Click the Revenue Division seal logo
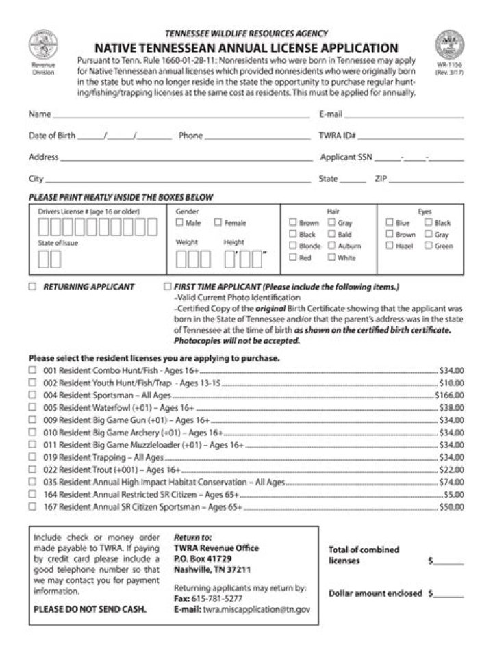[x=42, y=45]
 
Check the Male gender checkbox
[x=179, y=223]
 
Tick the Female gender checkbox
[x=218, y=223]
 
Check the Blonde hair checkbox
[x=292, y=246]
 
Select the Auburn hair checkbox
[x=331, y=246]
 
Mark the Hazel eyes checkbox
[x=389, y=246]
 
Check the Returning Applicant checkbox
[x=32, y=287]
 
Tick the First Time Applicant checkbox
[x=168, y=287]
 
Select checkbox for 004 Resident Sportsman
[x=32, y=395]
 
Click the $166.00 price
[x=449, y=396]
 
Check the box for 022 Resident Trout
[x=32, y=470]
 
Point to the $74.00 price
[x=451, y=483]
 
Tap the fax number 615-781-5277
[x=216, y=598]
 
